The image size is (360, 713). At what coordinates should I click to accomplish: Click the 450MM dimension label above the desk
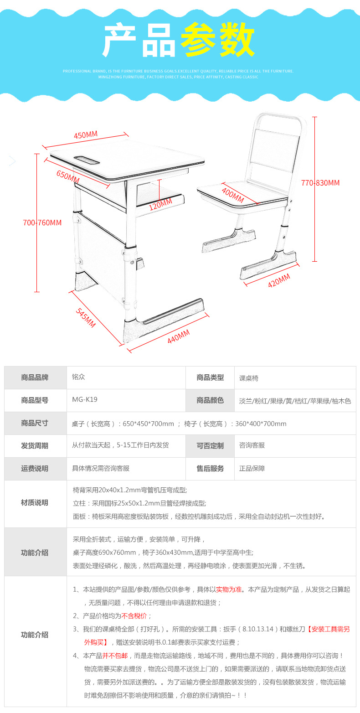(86, 135)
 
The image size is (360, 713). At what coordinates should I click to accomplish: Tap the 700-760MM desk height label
(42, 222)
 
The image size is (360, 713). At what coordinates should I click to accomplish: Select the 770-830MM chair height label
(320, 183)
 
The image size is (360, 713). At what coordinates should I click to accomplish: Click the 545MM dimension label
(86, 318)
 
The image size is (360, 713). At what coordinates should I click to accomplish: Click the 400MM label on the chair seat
(233, 195)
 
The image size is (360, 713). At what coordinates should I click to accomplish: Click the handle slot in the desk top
(87, 159)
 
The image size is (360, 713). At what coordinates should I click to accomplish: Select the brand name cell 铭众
(78, 377)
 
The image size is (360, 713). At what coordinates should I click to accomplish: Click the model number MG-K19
(84, 400)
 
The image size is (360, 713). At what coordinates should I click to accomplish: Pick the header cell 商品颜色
(210, 400)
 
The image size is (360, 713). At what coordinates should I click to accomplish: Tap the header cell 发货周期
(35, 445)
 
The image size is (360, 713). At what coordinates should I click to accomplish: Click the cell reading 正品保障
(252, 468)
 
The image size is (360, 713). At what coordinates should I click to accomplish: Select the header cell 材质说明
(35, 503)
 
